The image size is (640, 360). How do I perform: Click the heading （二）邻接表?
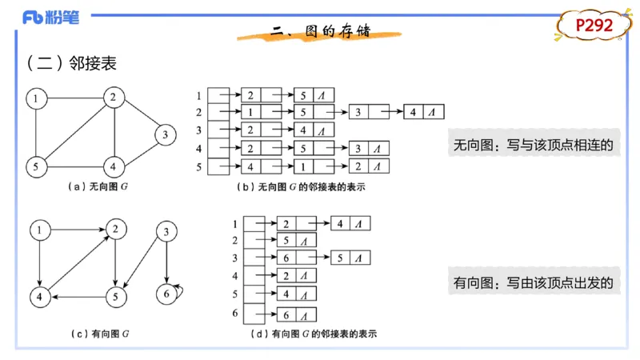coord(71,62)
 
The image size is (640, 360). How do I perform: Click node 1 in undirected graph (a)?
coord(36,98)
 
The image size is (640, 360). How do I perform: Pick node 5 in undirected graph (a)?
coord(36,166)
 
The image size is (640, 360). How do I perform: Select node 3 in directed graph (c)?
coord(166,233)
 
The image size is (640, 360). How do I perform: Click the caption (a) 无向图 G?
coord(99,186)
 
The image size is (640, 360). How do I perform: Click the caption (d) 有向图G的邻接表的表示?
coord(314,332)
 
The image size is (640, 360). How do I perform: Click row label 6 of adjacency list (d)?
coord(234,314)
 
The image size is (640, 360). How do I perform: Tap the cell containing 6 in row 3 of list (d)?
coord(286,258)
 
